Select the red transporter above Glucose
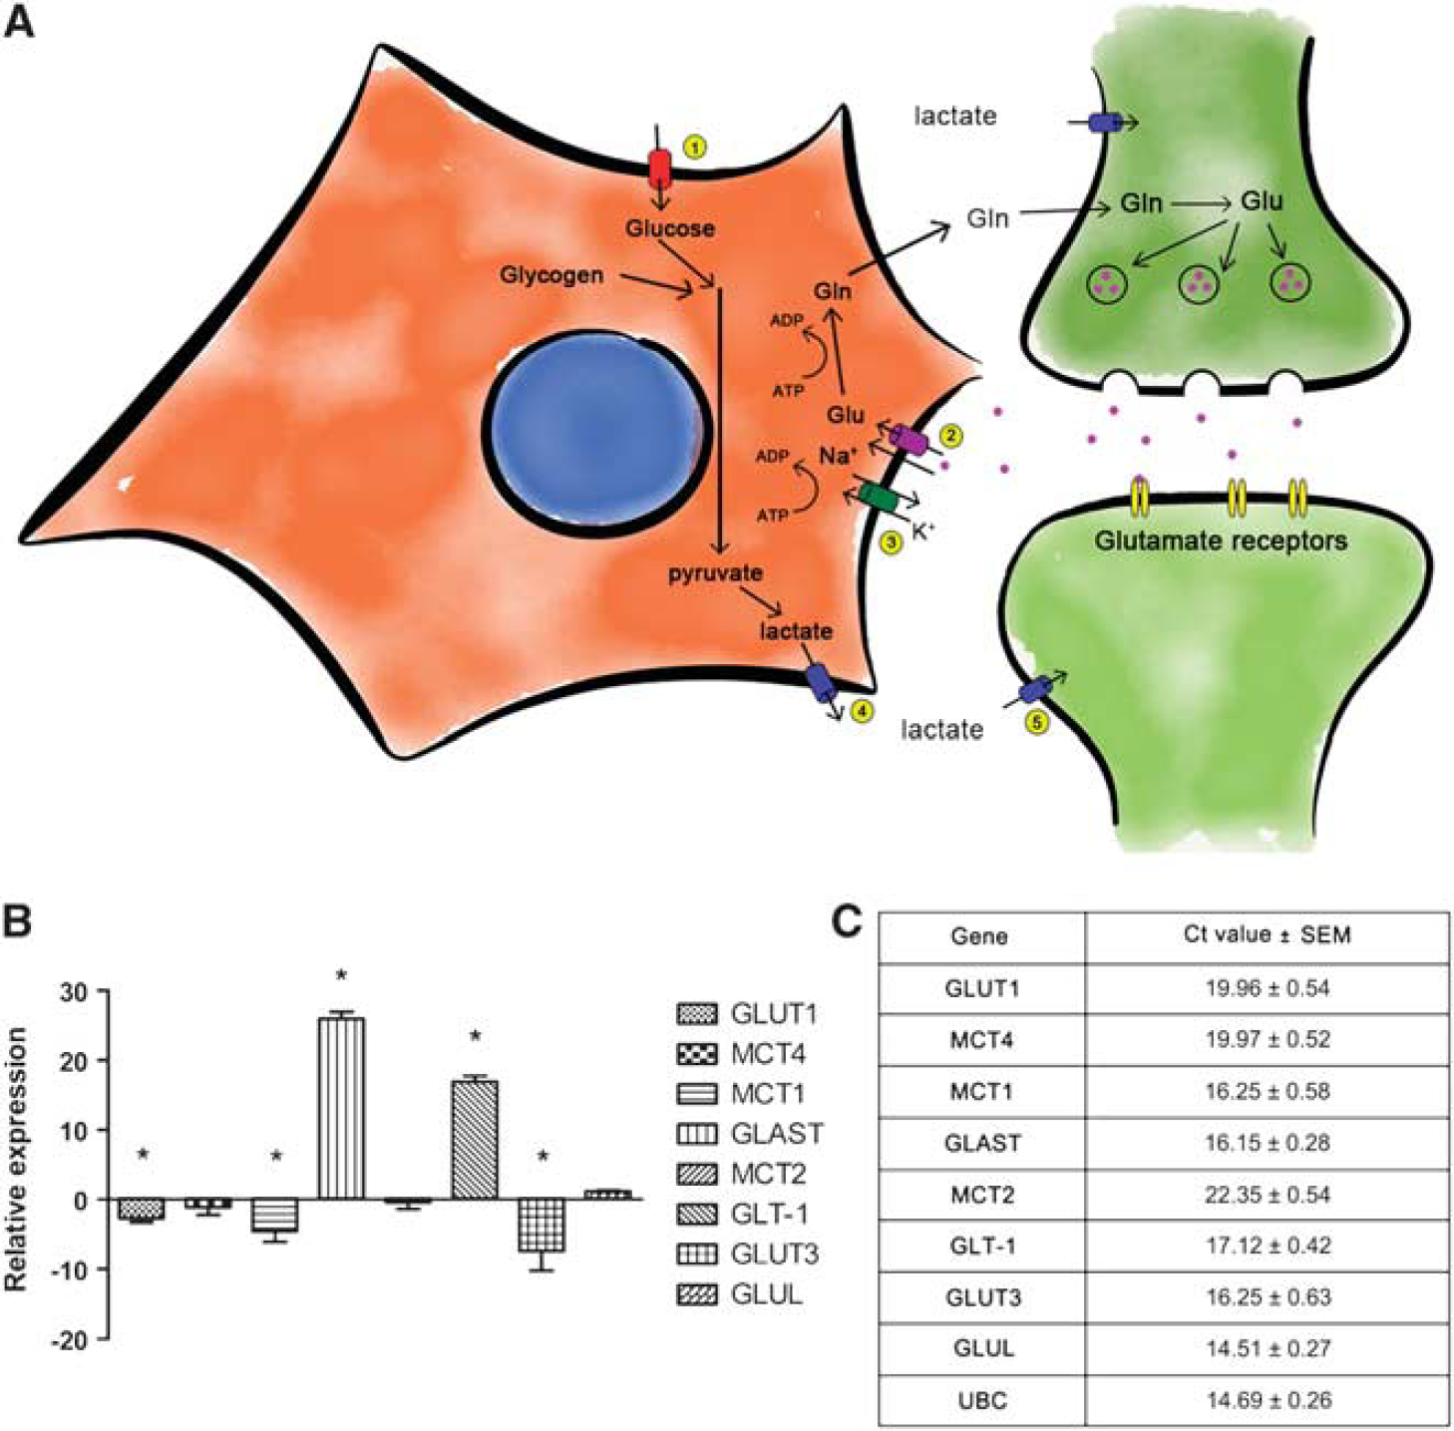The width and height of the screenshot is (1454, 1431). tap(659, 170)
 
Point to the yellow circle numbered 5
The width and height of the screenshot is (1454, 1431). tap(1037, 723)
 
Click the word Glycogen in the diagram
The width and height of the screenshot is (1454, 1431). tap(551, 275)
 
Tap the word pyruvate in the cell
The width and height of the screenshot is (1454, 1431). tap(715, 572)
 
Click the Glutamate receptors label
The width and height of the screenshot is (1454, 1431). tap(1221, 540)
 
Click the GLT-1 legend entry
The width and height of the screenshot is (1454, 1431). tap(747, 1215)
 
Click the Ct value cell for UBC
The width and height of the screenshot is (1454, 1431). tap(1267, 1400)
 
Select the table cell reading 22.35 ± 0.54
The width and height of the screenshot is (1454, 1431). tap(1267, 1195)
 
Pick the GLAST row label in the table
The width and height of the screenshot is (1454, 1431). tap(981, 1144)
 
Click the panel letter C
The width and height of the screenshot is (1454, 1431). tap(846, 922)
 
